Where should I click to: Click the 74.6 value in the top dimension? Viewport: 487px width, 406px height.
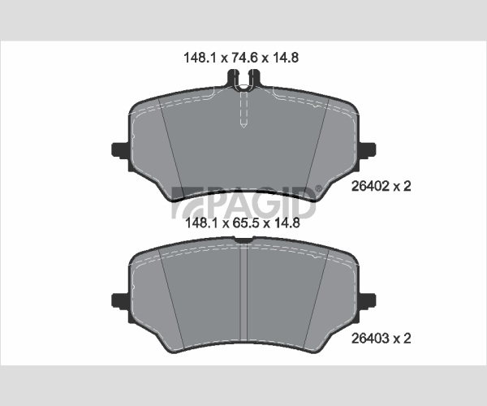pyautogui.click(x=243, y=58)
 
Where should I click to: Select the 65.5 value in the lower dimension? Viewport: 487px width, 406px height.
pyautogui.click(x=245, y=223)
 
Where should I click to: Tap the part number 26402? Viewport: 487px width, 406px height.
pyautogui.click(x=370, y=186)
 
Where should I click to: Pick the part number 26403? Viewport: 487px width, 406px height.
pyautogui.click(x=370, y=338)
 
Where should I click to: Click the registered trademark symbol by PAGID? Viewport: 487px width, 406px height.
pyautogui.click(x=319, y=188)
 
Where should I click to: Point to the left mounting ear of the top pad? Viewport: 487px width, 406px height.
pyautogui.click(x=120, y=151)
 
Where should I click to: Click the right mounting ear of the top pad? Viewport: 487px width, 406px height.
pyautogui.click(x=367, y=150)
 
